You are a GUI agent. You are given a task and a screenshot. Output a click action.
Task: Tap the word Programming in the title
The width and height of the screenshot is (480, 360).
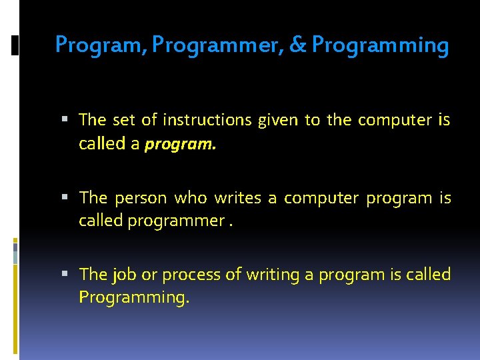380,45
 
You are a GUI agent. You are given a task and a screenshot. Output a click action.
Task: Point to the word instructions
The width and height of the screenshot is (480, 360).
204,120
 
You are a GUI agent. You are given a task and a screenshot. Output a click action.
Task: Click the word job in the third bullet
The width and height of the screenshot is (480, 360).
123,275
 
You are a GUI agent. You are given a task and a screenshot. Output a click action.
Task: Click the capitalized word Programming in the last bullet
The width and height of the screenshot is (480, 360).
134,297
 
